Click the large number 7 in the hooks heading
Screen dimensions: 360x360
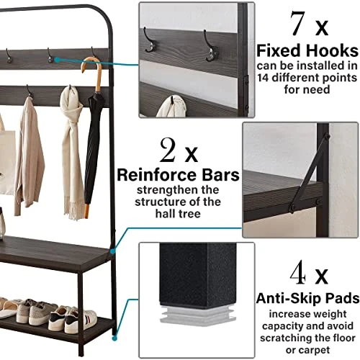point(298,24)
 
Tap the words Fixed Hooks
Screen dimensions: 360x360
point(307,50)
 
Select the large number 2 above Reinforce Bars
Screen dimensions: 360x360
point(168,150)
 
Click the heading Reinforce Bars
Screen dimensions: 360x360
point(178,175)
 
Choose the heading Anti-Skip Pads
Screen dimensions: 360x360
point(307,298)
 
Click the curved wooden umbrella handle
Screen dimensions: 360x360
point(93,72)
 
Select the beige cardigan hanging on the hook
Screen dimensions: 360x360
point(30,156)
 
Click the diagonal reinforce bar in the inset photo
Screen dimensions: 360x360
point(309,173)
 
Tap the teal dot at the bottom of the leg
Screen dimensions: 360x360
point(114,338)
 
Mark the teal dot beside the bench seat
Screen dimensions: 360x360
point(112,251)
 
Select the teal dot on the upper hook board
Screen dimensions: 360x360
point(57,60)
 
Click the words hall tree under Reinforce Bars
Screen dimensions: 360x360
point(178,213)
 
